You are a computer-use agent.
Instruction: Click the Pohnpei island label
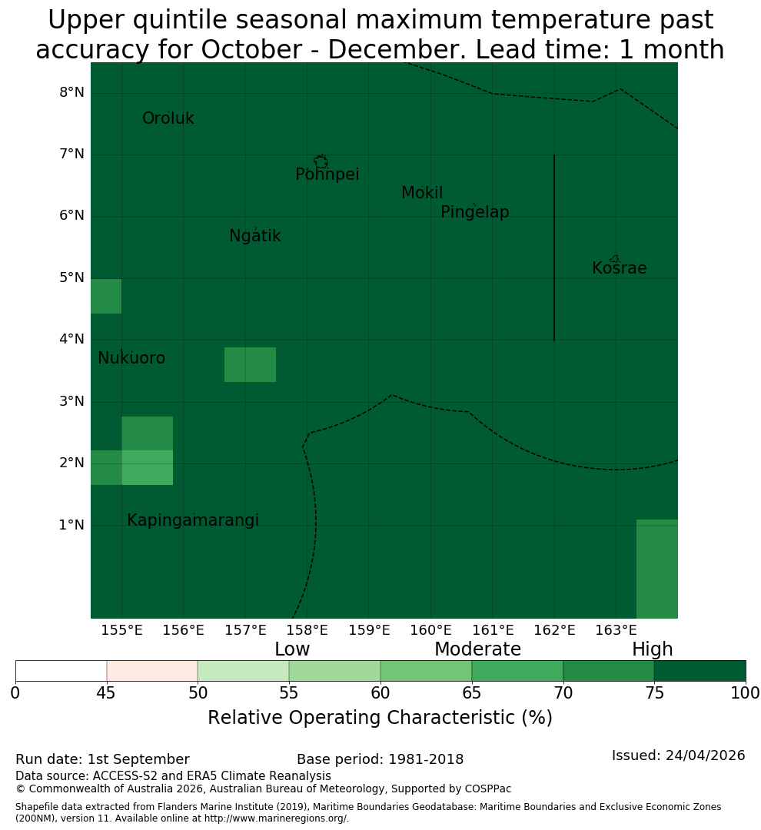tap(327, 174)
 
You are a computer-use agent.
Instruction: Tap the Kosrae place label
tap(619, 268)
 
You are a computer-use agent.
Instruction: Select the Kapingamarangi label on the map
tap(193, 520)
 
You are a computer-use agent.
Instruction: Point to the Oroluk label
tap(168, 118)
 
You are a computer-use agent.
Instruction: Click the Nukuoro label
tap(131, 358)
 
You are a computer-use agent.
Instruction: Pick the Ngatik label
tap(254, 236)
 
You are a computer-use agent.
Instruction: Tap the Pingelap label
tap(474, 212)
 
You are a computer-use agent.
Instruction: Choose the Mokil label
tap(422, 193)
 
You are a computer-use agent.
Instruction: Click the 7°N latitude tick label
tap(71, 154)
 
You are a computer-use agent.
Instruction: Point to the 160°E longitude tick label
tap(430, 630)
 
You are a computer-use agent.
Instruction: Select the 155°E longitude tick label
tap(121, 630)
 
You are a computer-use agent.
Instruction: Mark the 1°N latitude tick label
tap(71, 525)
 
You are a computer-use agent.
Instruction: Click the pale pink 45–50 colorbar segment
tap(152, 671)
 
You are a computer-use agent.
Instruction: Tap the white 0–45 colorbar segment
tap(61, 671)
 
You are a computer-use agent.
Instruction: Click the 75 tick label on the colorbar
tap(655, 693)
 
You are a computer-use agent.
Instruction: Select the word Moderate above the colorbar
tap(477, 649)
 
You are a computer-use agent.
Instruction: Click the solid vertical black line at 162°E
tap(554, 247)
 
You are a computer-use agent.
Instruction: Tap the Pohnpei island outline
tap(321, 161)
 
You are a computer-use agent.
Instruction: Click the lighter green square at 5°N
tap(106, 296)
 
